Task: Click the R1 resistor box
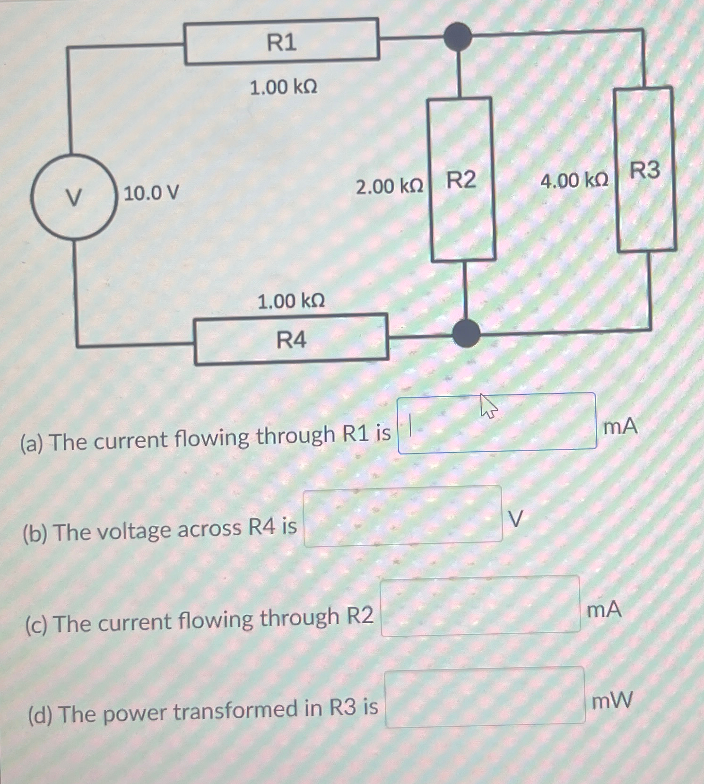pyautogui.click(x=282, y=42)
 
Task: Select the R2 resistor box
pyautogui.click(x=462, y=180)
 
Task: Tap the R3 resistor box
pyautogui.click(x=645, y=169)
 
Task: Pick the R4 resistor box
pyautogui.click(x=291, y=340)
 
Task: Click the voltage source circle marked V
pyautogui.click(x=74, y=197)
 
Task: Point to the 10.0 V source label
pyautogui.click(x=151, y=193)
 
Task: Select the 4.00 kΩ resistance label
pyautogui.click(x=574, y=181)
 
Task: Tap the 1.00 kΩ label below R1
pyautogui.click(x=283, y=87)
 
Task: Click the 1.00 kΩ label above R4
pyautogui.click(x=291, y=301)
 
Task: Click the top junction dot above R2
pyautogui.click(x=458, y=37)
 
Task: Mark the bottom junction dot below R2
pyautogui.click(x=466, y=333)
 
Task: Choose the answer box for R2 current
pyautogui.click(x=480, y=606)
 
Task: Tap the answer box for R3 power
pyautogui.click(x=485, y=697)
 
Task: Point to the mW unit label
pyautogui.click(x=612, y=700)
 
